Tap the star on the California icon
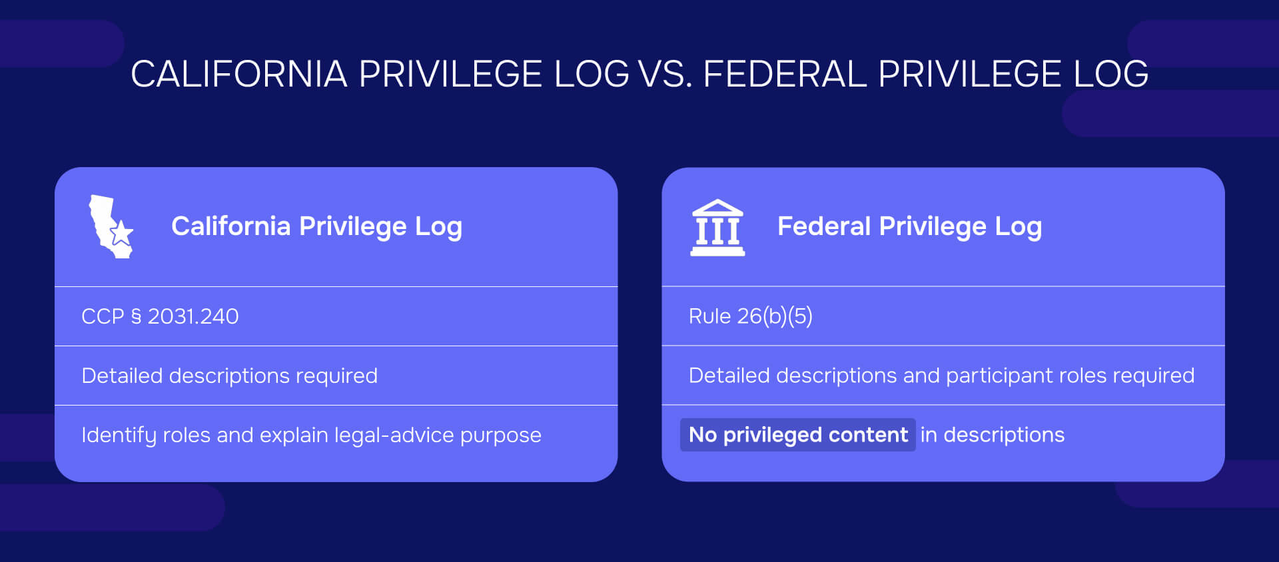[121, 234]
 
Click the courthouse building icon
[717, 228]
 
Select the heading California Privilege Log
[316, 226]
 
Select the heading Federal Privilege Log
[909, 226]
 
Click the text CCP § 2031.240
[160, 316]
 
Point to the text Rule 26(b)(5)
[750, 316]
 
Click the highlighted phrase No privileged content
[797, 435]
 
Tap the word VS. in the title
[665, 74]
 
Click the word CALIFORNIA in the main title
[238, 74]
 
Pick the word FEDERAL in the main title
[785, 74]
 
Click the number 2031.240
[193, 316]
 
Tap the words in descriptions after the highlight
[992, 435]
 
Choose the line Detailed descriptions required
[229, 376]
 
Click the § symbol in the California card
[136, 316]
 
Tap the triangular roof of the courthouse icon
[717, 207]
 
